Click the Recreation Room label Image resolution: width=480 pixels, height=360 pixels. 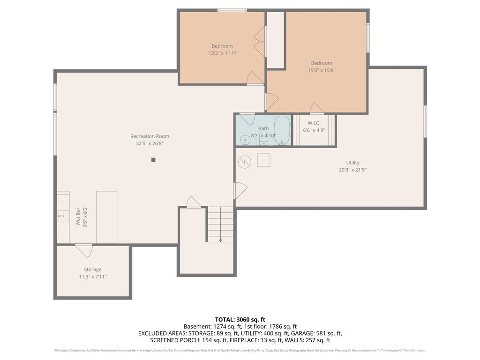[150, 136]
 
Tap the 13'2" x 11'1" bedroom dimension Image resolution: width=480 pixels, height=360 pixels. [222, 53]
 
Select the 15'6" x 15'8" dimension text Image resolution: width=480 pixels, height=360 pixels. [322, 70]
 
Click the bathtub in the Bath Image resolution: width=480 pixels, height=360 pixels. [282, 130]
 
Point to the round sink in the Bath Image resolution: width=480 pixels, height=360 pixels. [245, 141]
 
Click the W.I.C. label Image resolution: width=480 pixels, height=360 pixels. [314, 123]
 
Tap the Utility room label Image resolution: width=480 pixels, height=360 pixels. [352, 163]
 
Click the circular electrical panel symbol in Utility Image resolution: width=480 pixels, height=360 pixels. [245, 162]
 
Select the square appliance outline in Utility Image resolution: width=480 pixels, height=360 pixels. [263, 160]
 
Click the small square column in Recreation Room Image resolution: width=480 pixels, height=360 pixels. [153, 160]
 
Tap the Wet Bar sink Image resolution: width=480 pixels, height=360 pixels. [63, 216]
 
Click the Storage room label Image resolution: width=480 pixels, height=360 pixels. [93, 270]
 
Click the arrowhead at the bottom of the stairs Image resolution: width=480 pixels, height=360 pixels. [220, 240]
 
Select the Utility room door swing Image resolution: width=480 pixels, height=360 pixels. [241, 191]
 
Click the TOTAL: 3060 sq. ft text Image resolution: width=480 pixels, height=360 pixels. [240, 320]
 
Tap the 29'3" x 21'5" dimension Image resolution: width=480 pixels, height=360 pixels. [352, 170]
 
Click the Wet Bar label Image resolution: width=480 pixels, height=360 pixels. [78, 217]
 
